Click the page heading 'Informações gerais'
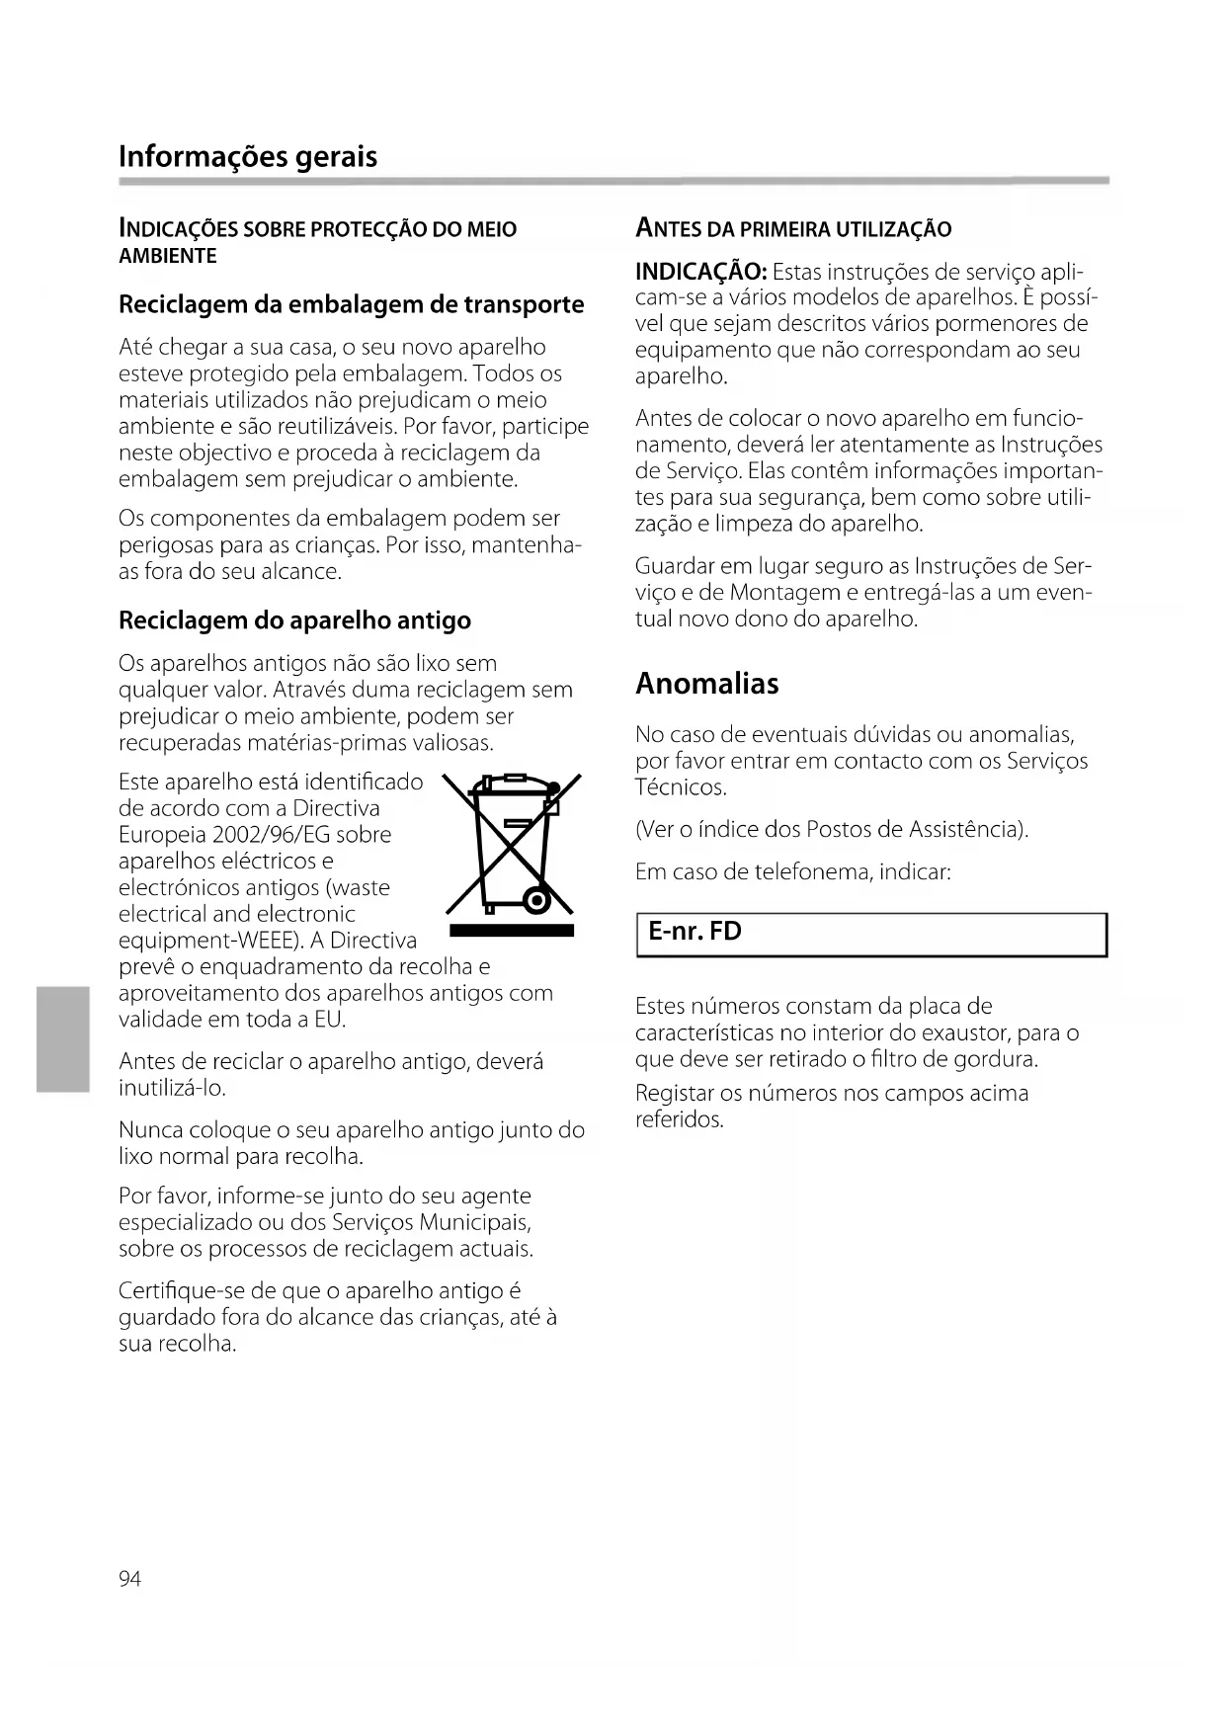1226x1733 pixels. tap(247, 156)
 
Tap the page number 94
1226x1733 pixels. tap(129, 1579)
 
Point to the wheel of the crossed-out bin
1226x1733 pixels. tap(536, 901)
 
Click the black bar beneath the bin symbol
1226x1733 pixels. tap(511, 932)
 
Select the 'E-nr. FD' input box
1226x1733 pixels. tap(870, 934)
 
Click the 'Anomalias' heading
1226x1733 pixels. tap(706, 683)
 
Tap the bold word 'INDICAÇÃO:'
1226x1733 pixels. tap(700, 271)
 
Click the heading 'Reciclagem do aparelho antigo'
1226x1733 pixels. tap(294, 620)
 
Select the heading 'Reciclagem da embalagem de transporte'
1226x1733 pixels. tap(351, 304)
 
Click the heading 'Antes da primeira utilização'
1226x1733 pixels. tap(793, 229)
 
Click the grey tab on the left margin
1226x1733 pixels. tap(62, 1038)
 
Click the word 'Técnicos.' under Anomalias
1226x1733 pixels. tap(681, 787)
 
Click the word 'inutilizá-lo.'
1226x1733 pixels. tap(172, 1088)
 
